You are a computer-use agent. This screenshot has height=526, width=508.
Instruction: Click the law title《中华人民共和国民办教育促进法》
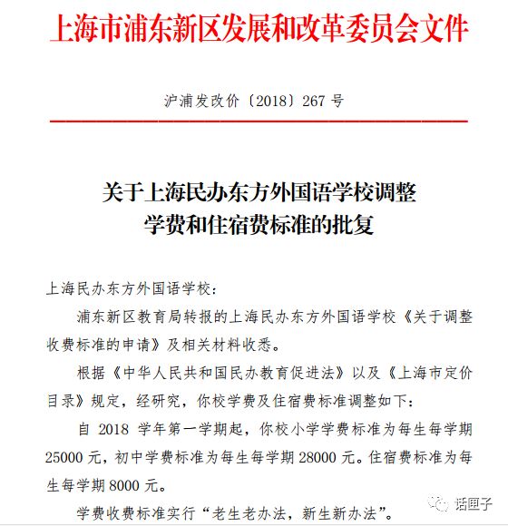(221, 375)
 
